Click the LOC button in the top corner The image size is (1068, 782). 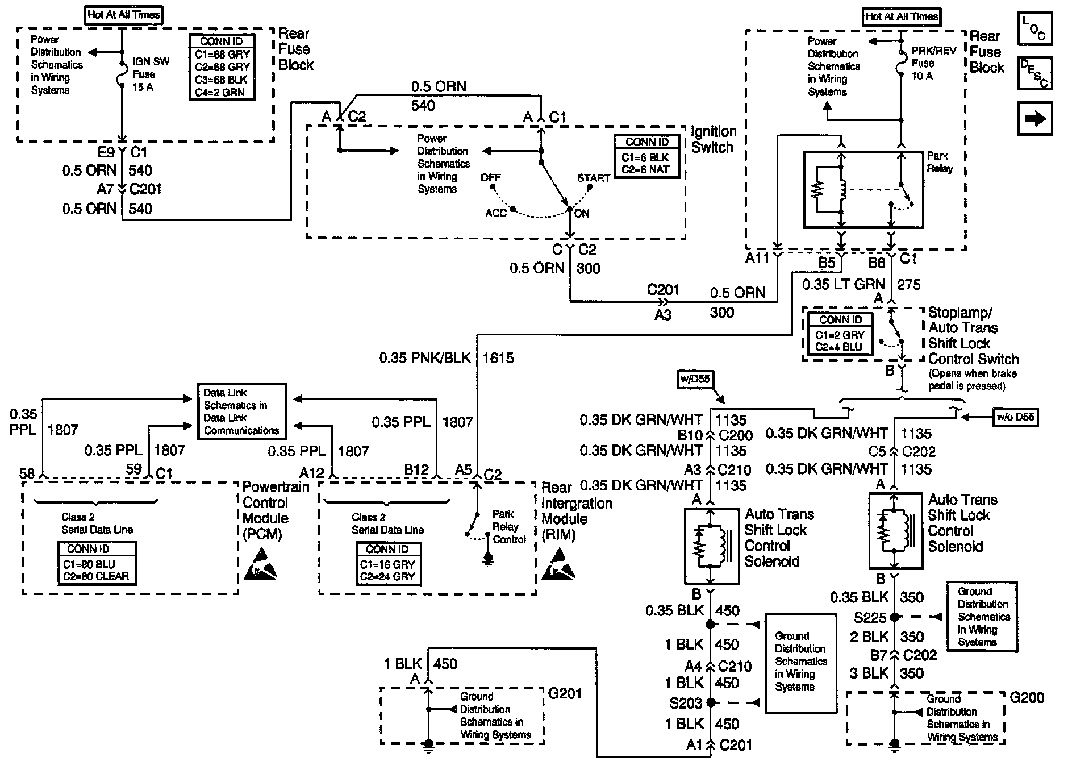click(1034, 28)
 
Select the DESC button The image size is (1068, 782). click(1034, 73)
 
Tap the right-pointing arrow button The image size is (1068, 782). click(1034, 119)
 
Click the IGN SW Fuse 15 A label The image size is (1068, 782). click(150, 74)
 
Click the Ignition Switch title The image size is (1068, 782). click(713, 139)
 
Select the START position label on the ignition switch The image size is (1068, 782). click(593, 178)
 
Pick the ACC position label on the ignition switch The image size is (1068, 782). click(495, 213)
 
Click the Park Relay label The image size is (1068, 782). click(940, 162)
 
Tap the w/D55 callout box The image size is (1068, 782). click(695, 378)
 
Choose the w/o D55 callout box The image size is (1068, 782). click(1015, 417)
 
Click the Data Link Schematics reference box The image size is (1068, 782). click(241, 411)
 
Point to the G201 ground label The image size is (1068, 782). click(565, 693)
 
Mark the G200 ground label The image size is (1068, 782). click(1027, 698)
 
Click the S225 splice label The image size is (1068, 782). click(870, 617)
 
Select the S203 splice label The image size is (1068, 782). click(686, 703)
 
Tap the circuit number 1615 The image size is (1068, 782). click(498, 358)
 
